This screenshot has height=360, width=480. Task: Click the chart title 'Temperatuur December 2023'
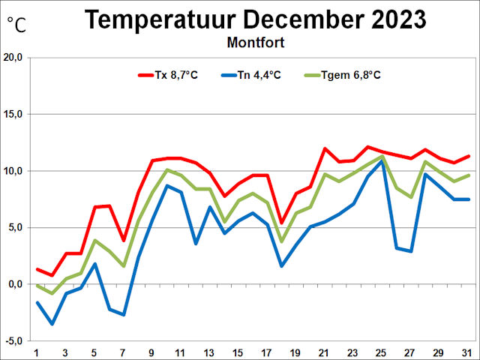pyautogui.click(x=255, y=19)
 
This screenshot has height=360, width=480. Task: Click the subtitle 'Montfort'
pyautogui.click(x=255, y=42)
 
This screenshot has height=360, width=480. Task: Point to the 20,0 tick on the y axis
pyautogui.click(x=16, y=58)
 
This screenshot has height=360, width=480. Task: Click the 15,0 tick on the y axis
pyautogui.click(x=16, y=115)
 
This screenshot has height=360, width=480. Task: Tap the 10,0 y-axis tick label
pyautogui.click(x=16, y=171)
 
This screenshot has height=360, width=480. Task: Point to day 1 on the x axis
pyautogui.click(x=37, y=352)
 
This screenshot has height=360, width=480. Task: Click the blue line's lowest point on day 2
pyautogui.click(x=52, y=324)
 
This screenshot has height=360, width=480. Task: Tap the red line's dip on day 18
pyautogui.click(x=281, y=223)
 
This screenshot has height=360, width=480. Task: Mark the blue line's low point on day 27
pyautogui.click(x=411, y=251)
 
